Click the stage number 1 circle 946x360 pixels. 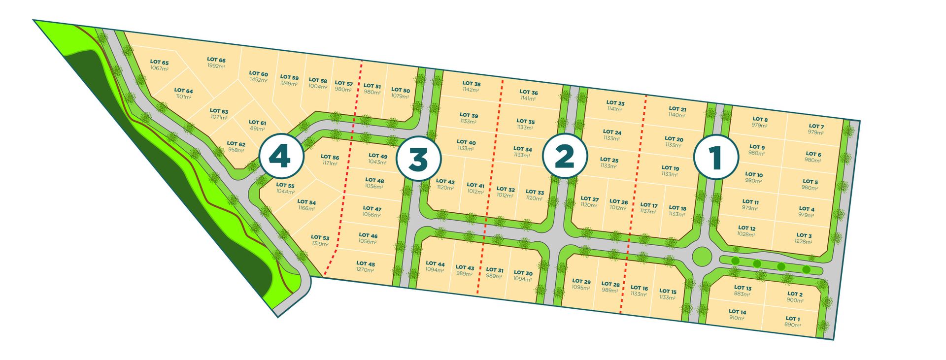point(715,157)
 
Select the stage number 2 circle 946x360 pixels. point(565,156)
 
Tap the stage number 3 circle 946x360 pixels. point(418,159)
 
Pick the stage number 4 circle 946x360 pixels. point(280,157)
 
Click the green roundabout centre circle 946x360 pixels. point(702,256)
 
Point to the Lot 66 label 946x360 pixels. point(216,60)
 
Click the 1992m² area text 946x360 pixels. point(216,66)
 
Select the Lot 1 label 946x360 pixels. point(793,319)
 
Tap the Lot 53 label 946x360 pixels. point(320,237)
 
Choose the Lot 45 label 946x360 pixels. point(366,263)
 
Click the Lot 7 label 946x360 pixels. point(816,126)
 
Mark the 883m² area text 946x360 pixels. point(742,294)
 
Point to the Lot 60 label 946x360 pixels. point(258,73)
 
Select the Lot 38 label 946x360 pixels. point(472,84)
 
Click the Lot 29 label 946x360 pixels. point(581,282)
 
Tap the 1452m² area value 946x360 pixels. point(258,80)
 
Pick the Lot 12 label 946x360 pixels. point(746,228)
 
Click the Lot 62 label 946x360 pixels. point(236,144)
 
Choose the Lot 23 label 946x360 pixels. point(615,103)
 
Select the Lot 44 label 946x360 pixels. point(435,263)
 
